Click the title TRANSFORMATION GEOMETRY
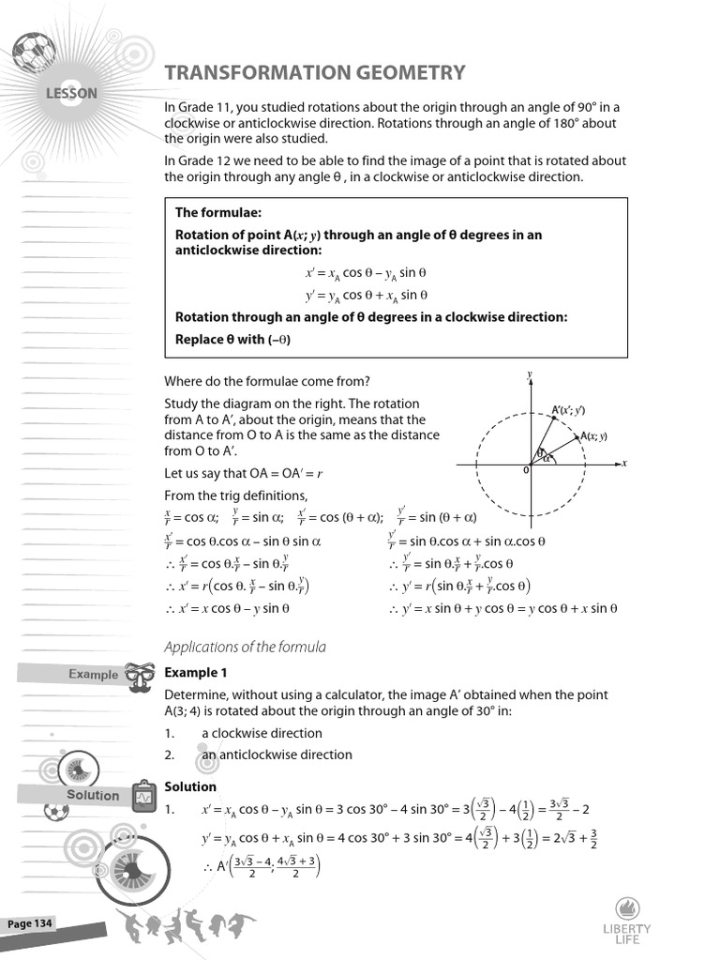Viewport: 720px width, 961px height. pyautogui.click(x=315, y=73)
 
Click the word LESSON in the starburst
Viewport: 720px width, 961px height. pyautogui.click(x=71, y=93)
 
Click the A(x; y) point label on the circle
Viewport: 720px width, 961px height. pyautogui.click(x=593, y=436)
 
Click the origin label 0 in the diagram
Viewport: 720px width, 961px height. pyautogui.click(x=526, y=470)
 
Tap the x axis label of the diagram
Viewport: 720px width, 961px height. pyautogui.click(x=623, y=464)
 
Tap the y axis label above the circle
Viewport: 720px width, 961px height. pyautogui.click(x=530, y=374)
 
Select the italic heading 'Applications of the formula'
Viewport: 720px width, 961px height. pyautogui.click(x=245, y=647)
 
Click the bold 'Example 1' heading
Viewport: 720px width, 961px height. pyautogui.click(x=196, y=673)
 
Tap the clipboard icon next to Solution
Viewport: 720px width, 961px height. pyautogui.click(x=143, y=796)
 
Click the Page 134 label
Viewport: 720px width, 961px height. pyautogui.click(x=31, y=924)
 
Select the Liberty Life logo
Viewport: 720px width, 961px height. pyautogui.click(x=627, y=920)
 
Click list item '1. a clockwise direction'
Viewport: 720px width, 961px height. pyautogui.click(x=244, y=733)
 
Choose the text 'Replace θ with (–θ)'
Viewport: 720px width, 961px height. pyautogui.click(x=232, y=340)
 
